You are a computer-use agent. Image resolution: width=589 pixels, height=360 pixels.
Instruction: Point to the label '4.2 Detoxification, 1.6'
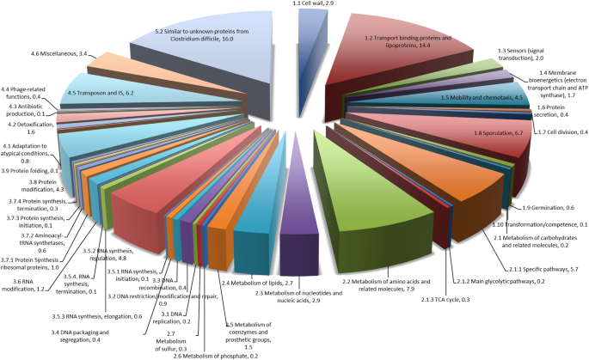coord(28,126)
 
